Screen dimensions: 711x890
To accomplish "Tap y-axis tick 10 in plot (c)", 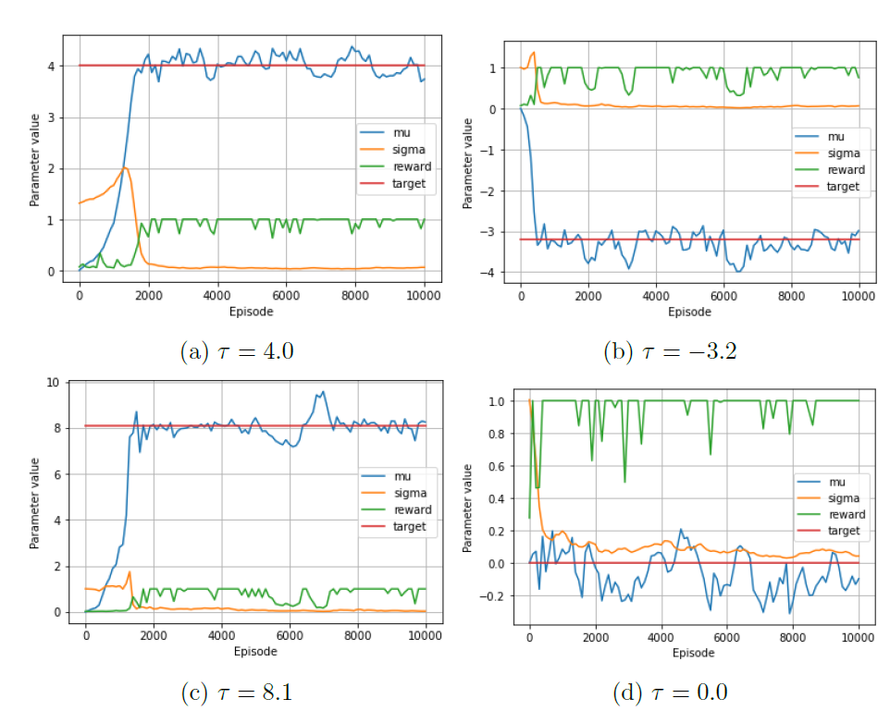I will pos(53,383).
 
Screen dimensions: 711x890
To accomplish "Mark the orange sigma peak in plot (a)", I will pos(126,167).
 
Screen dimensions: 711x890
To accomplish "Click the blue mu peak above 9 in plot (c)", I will pos(323,391).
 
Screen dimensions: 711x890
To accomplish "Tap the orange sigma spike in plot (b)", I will pos(533,53).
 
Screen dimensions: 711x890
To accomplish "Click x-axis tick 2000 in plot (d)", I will pos(596,636).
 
